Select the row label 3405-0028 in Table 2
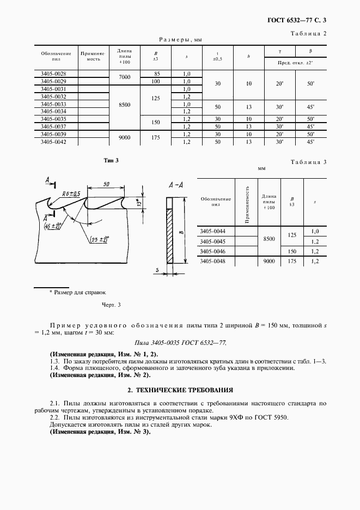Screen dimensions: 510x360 [x=53, y=74]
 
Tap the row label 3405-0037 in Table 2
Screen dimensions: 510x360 [x=53, y=126]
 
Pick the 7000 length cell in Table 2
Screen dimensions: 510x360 [x=124, y=77]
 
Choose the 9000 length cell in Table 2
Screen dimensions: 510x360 [x=124, y=138]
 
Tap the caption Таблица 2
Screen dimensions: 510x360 [x=309, y=34]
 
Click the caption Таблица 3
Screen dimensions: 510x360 [x=309, y=162]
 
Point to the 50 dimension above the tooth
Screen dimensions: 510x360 [x=106, y=184]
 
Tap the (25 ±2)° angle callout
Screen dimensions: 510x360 [x=99, y=239]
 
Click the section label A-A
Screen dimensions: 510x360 [x=175, y=185]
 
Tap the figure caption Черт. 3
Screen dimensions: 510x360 [x=111, y=305]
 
